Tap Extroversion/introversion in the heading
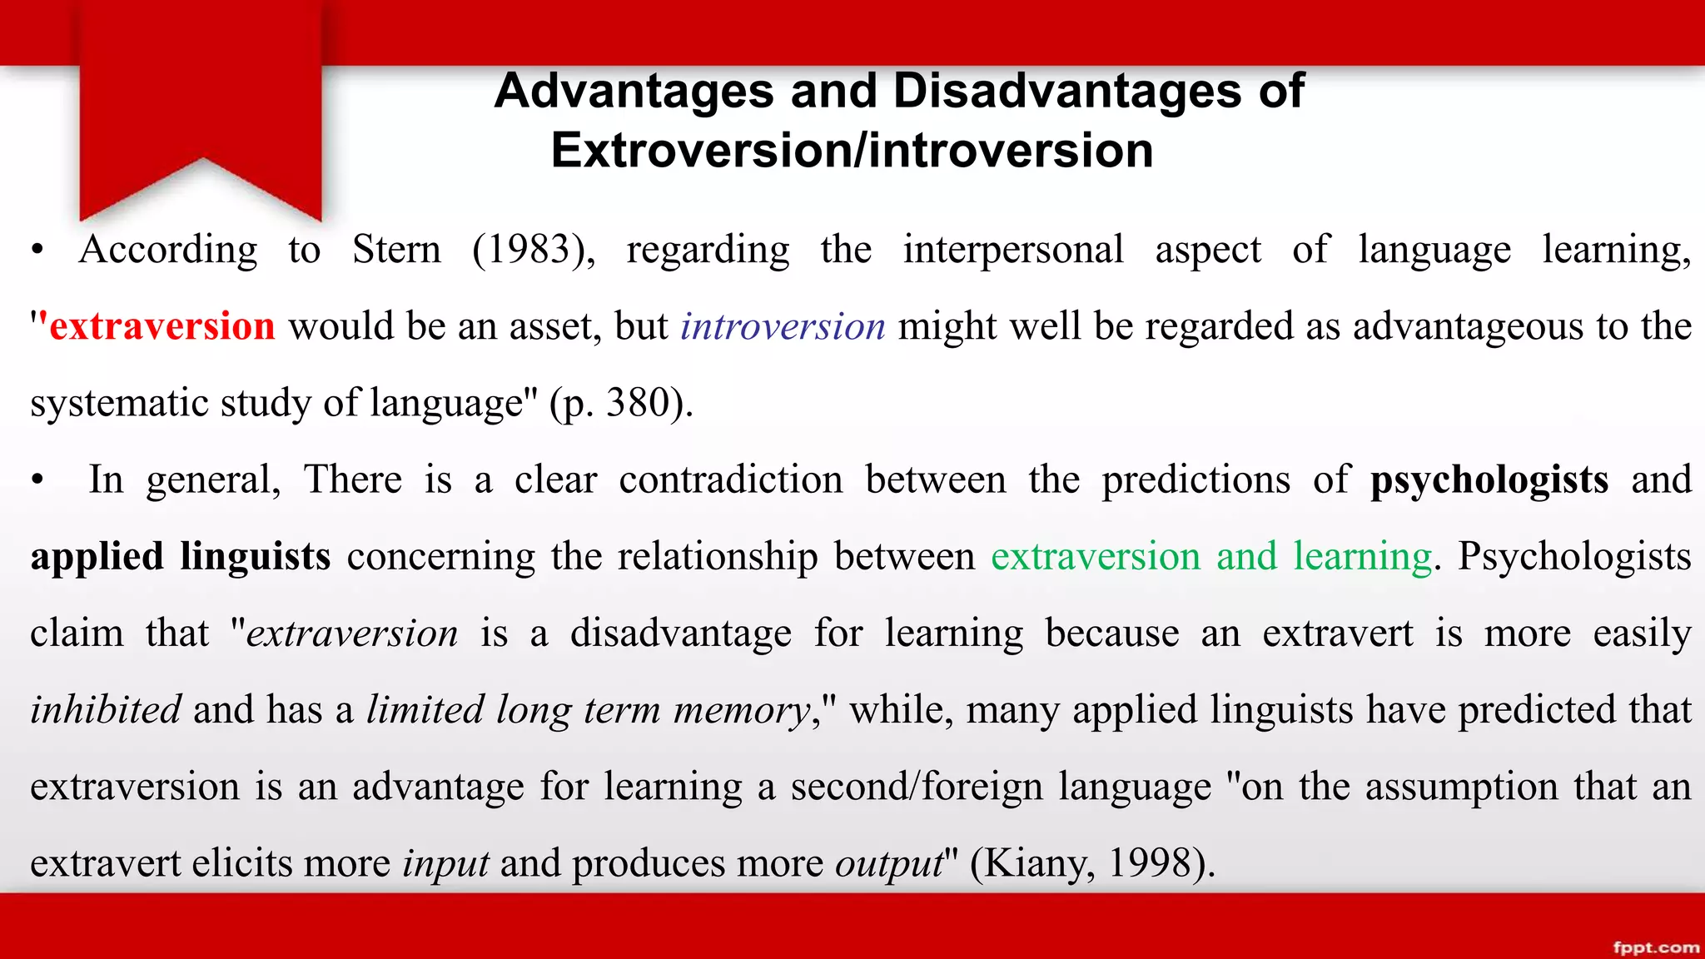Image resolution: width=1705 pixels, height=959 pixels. [x=852, y=151]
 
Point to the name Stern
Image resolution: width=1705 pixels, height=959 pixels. [x=396, y=250]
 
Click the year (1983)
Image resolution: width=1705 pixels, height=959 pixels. [x=534, y=250]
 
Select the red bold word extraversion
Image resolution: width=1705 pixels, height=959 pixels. [x=162, y=325]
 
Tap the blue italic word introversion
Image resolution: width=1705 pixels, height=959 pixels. [x=783, y=325]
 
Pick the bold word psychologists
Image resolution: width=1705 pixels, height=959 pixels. [x=1489, y=479]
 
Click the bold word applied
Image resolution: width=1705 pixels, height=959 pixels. [x=97, y=557]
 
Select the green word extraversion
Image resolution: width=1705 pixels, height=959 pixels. [x=1095, y=556]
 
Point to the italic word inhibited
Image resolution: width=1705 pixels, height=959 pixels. [x=106, y=710]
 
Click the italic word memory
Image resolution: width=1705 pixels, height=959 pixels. [x=742, y=710]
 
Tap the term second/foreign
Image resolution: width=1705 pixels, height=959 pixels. [x=917, y=787]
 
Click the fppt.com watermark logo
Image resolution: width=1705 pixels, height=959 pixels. [x=1655, y=947]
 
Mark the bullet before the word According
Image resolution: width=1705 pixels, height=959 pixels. [x=37, y=251]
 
